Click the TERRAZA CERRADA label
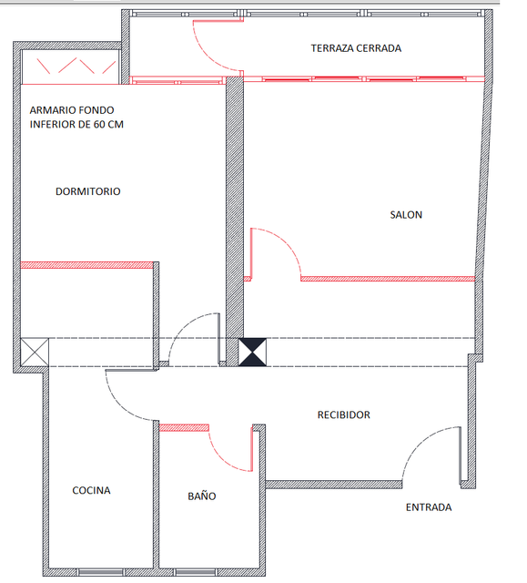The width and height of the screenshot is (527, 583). pos(356,48)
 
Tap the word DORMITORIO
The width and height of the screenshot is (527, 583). pos(88,191)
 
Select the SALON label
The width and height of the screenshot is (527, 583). pos(406,215)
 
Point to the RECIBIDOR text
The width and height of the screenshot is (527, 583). pos(343,415)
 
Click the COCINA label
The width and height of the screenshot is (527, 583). pos(91,490)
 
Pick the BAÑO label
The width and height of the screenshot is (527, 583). pos(202,496)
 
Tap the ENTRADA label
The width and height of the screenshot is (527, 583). pos(429,507)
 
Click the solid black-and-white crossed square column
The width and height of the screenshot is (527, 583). pos(252,353)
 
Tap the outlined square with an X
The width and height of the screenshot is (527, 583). pos(35,352)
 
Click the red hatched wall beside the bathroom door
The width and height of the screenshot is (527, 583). pos(184,427)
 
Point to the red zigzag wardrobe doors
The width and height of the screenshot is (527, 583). pos(76,66)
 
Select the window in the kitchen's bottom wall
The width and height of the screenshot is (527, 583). pos(101,572)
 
